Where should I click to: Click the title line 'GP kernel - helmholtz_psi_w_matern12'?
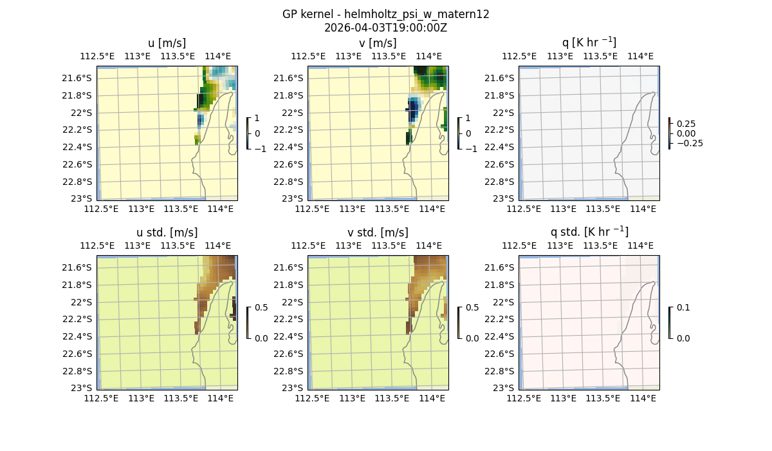coord(385,14)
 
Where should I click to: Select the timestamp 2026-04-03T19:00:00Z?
coord(385,28)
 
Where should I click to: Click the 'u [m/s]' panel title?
coord(167,43)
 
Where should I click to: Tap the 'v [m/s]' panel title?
coord(378,43)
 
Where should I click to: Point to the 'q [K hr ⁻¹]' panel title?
coord(589,43)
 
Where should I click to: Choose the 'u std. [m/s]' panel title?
coord(167,233)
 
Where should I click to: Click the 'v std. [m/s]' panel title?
coord(378,233)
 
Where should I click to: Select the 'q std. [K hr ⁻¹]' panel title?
coord(589,233)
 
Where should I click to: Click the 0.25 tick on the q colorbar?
coord(686,124)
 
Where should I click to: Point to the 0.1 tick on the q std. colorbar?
coord(684,307)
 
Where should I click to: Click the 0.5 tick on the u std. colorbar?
coord(262,307)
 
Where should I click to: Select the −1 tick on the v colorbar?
coord(472,149)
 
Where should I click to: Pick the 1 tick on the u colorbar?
coord(257,118)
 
